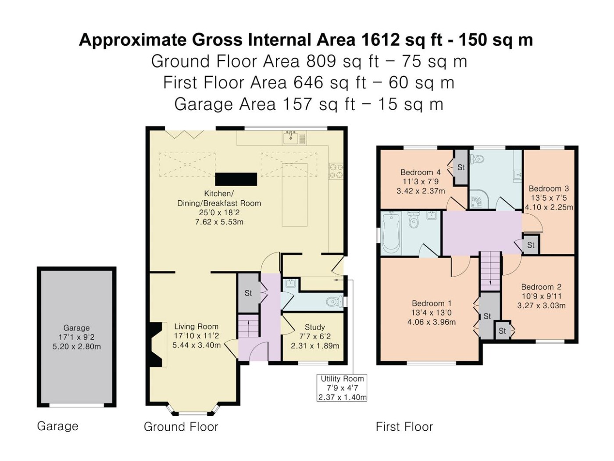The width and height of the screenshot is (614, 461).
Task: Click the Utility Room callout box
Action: point(341,388)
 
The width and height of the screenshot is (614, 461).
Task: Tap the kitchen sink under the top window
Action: point(290,137)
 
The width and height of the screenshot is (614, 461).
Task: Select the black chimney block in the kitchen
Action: point(236,179)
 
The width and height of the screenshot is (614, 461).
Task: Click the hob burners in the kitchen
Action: point(336,171)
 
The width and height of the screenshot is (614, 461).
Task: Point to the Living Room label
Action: point(196,326)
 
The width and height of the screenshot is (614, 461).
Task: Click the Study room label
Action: point(315,327)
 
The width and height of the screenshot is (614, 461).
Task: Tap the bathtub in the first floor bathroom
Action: point(390,233)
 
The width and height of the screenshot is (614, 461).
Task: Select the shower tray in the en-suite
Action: point(479,202)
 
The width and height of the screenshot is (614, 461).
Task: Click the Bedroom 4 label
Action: point(421,172)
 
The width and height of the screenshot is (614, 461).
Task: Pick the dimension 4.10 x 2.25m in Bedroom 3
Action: point(549,207)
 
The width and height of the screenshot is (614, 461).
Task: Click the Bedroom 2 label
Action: point(541,287)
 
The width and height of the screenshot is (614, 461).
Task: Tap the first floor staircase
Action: point(490,270)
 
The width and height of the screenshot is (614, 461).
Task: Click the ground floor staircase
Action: point(248,325)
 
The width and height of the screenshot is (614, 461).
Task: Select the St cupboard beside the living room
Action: point(248,293)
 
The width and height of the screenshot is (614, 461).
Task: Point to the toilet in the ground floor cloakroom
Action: point(334,302)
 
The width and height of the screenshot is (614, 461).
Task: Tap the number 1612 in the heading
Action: point(380,40)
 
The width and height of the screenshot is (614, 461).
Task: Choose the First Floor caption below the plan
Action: point(404,427)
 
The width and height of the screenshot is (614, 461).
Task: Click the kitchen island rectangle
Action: point(295,195)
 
